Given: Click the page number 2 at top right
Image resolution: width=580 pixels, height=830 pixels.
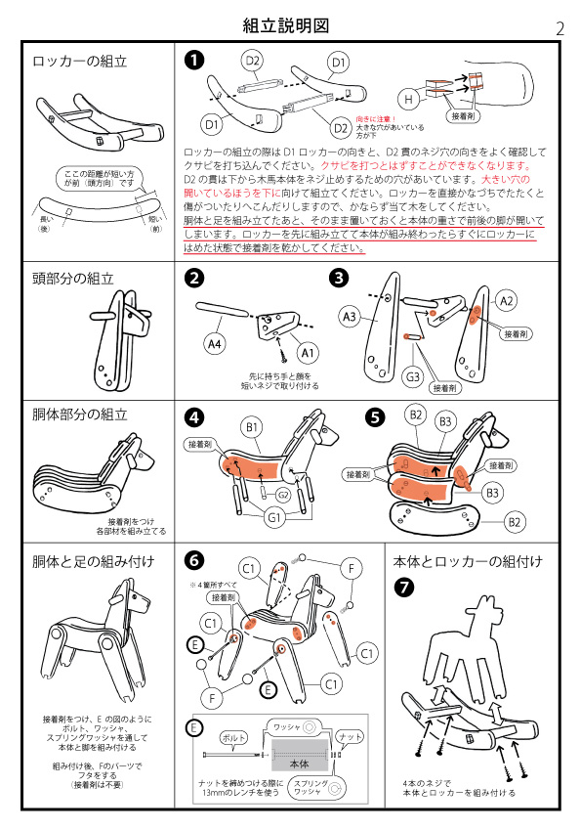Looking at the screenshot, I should tap(559, 28).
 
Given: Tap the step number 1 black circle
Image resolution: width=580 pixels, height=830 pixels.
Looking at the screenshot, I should tap(195, 61).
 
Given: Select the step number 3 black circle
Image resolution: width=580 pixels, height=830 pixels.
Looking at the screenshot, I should tap(339, 278).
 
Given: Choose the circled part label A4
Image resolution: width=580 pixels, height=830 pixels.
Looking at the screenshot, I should tap(216, 343).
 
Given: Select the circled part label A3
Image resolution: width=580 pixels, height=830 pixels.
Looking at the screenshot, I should tap(351, 316).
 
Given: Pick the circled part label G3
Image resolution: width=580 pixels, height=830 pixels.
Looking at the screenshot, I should tap(414, 374).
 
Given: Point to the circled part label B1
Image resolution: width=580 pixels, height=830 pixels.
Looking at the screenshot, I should tap(252, 427).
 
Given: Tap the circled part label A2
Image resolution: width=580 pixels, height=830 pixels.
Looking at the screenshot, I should tap(507, 302).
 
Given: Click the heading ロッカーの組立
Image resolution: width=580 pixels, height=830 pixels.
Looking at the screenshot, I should tap(80, 60).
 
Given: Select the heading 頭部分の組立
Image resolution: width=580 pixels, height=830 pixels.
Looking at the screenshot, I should tap(73, 278).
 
